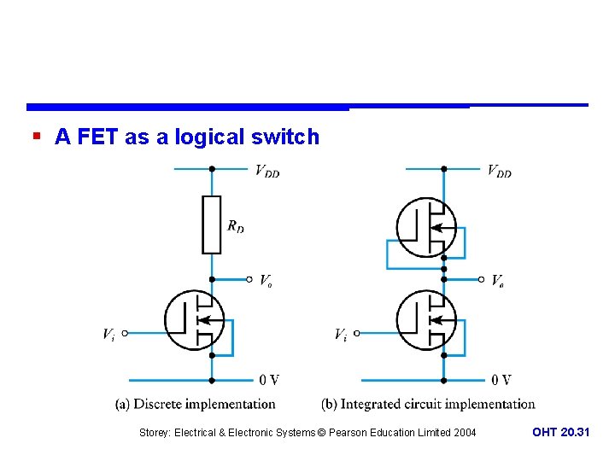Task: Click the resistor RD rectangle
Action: click(211, 225)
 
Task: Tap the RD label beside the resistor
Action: click(236, 226)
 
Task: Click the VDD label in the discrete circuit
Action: click(267, 172)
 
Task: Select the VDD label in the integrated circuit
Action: click(500, 172)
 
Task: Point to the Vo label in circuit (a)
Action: click(266, 280)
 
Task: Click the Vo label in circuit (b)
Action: click(498, 280)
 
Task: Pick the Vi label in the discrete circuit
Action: click(108, 335)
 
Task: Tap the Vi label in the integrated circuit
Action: click(340, 335)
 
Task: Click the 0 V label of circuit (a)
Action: click(269, 380)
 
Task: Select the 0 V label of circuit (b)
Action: click(501, 380)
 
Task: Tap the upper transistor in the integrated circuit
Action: click(426, 228)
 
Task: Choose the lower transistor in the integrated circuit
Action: click(426, 320)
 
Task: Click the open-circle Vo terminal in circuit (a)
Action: click(249, 279)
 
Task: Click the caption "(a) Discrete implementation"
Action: click(196, 404)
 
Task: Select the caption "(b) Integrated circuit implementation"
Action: click(428, 404)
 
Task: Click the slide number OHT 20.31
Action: click(560, 433)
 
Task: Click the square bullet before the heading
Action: click(36, 136)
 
